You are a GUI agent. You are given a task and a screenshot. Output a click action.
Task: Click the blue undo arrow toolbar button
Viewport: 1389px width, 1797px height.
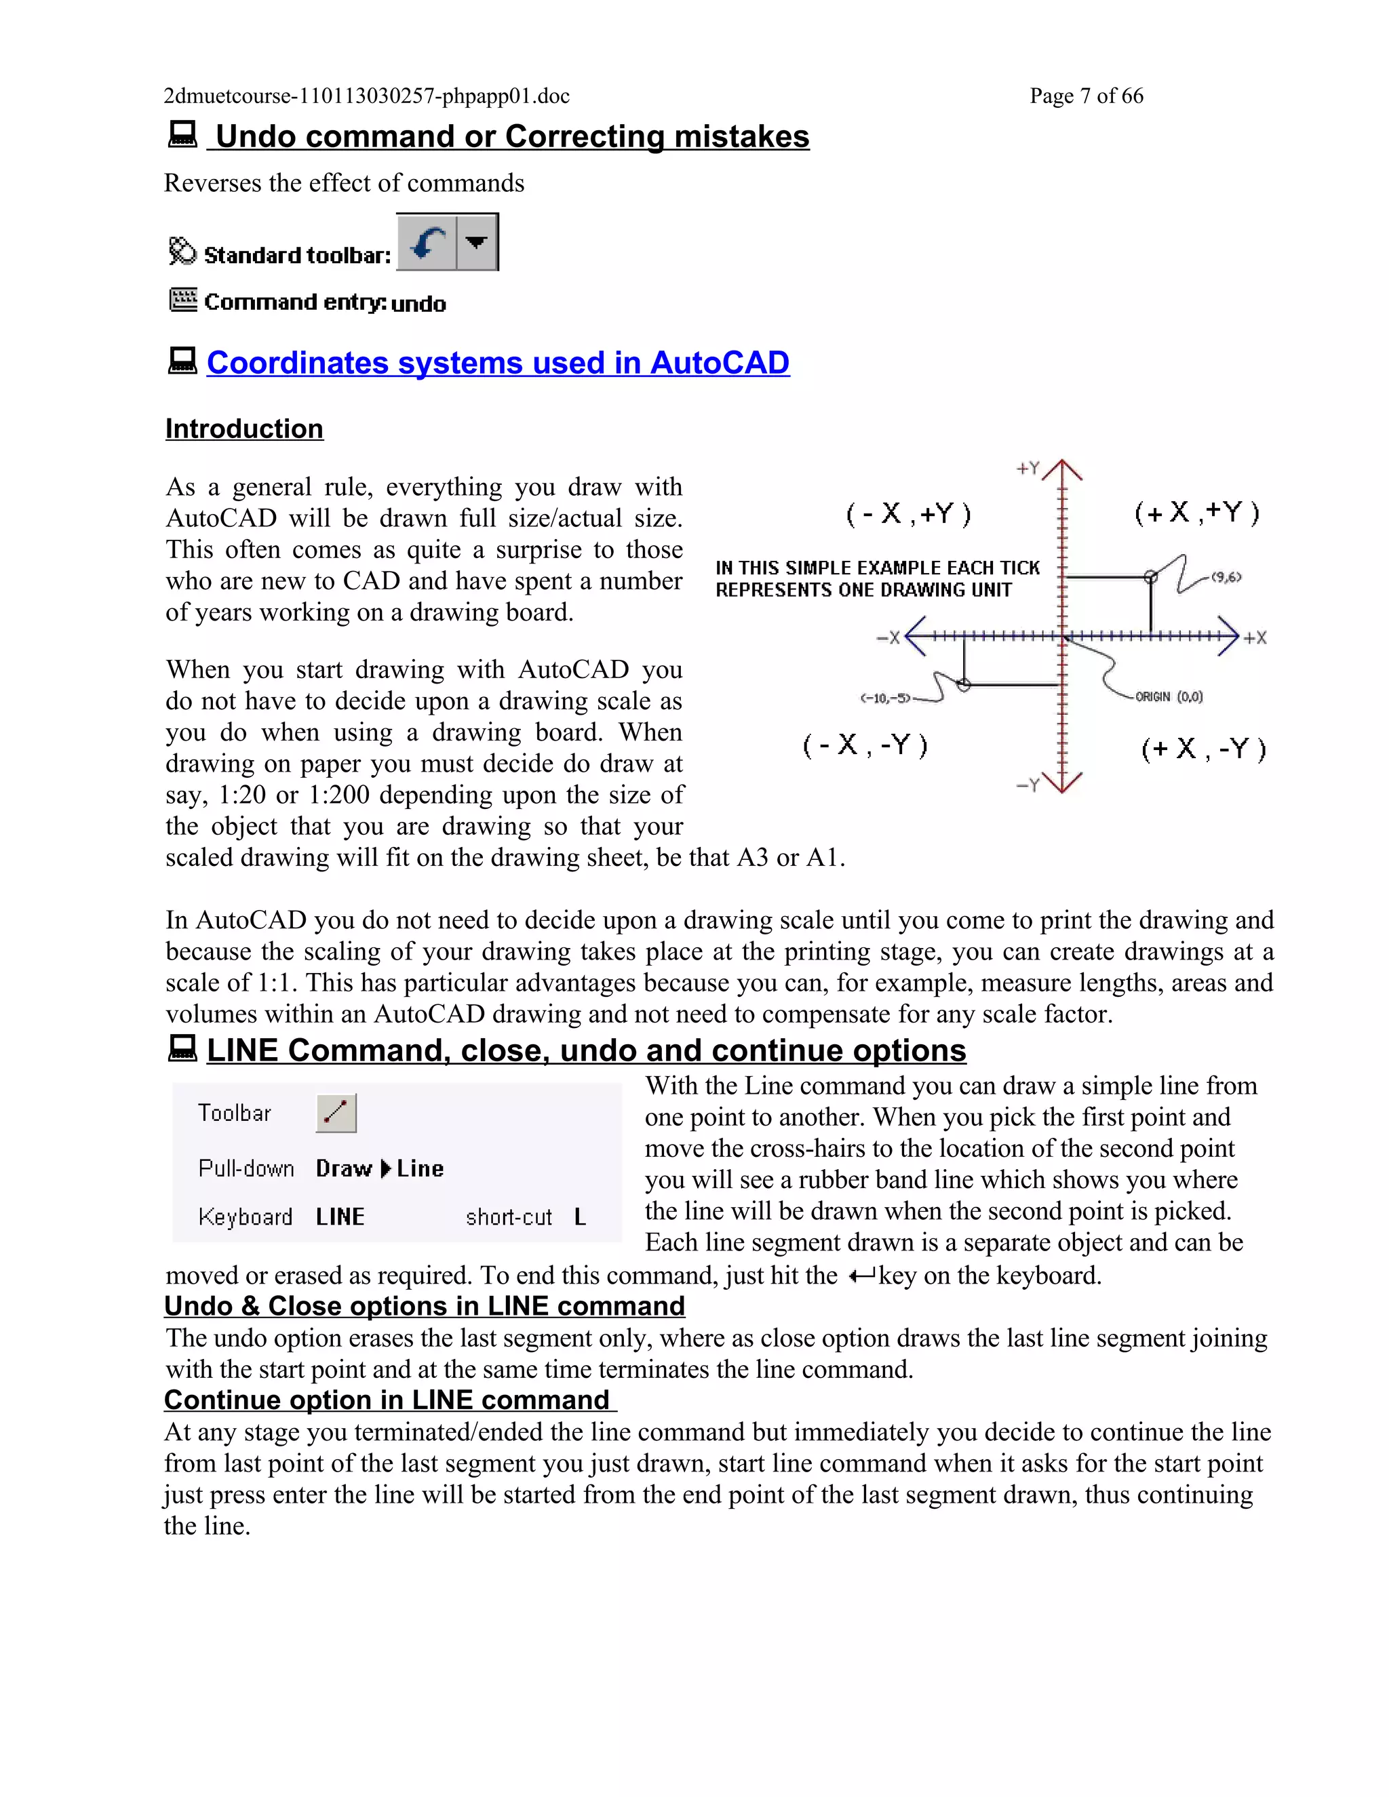click(x=426, y=242)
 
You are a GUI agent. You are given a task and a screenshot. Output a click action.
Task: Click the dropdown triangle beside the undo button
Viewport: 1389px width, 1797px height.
click(x=476, y=242)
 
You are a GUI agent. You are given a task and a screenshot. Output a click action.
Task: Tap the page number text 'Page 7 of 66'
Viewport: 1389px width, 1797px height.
click(x=1087, y=96)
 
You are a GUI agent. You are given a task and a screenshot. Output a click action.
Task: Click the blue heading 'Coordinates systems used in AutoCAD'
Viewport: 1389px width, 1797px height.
click(x=498, y=363)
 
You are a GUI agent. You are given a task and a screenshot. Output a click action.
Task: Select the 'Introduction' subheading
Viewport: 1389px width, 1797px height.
click(x=244, y=429)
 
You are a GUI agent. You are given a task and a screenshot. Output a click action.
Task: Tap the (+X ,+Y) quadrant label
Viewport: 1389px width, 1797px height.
click(x=1196, y=513)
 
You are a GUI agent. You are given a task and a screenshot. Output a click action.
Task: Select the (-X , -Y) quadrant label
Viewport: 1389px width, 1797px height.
click(x=865, y=745)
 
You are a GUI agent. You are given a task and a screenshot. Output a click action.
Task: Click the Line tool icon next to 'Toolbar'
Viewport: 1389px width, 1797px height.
click(x=336, y=1113)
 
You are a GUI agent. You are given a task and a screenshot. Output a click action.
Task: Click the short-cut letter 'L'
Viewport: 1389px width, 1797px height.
click(x=580, y=1217)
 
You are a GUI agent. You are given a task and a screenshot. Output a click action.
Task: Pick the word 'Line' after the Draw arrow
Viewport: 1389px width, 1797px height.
click(x=420, y=1168)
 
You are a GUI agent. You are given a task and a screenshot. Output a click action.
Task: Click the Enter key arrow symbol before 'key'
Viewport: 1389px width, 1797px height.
click(x=861, y=1276)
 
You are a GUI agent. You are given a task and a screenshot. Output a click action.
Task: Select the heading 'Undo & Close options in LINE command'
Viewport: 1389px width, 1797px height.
click(x=425, y=1307)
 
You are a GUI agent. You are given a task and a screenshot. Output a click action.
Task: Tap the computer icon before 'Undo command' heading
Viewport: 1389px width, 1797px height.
click(x=182, y=134)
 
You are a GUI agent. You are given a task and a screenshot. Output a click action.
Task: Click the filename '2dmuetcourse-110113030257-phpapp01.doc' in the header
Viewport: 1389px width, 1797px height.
click(x=366, y=96)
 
